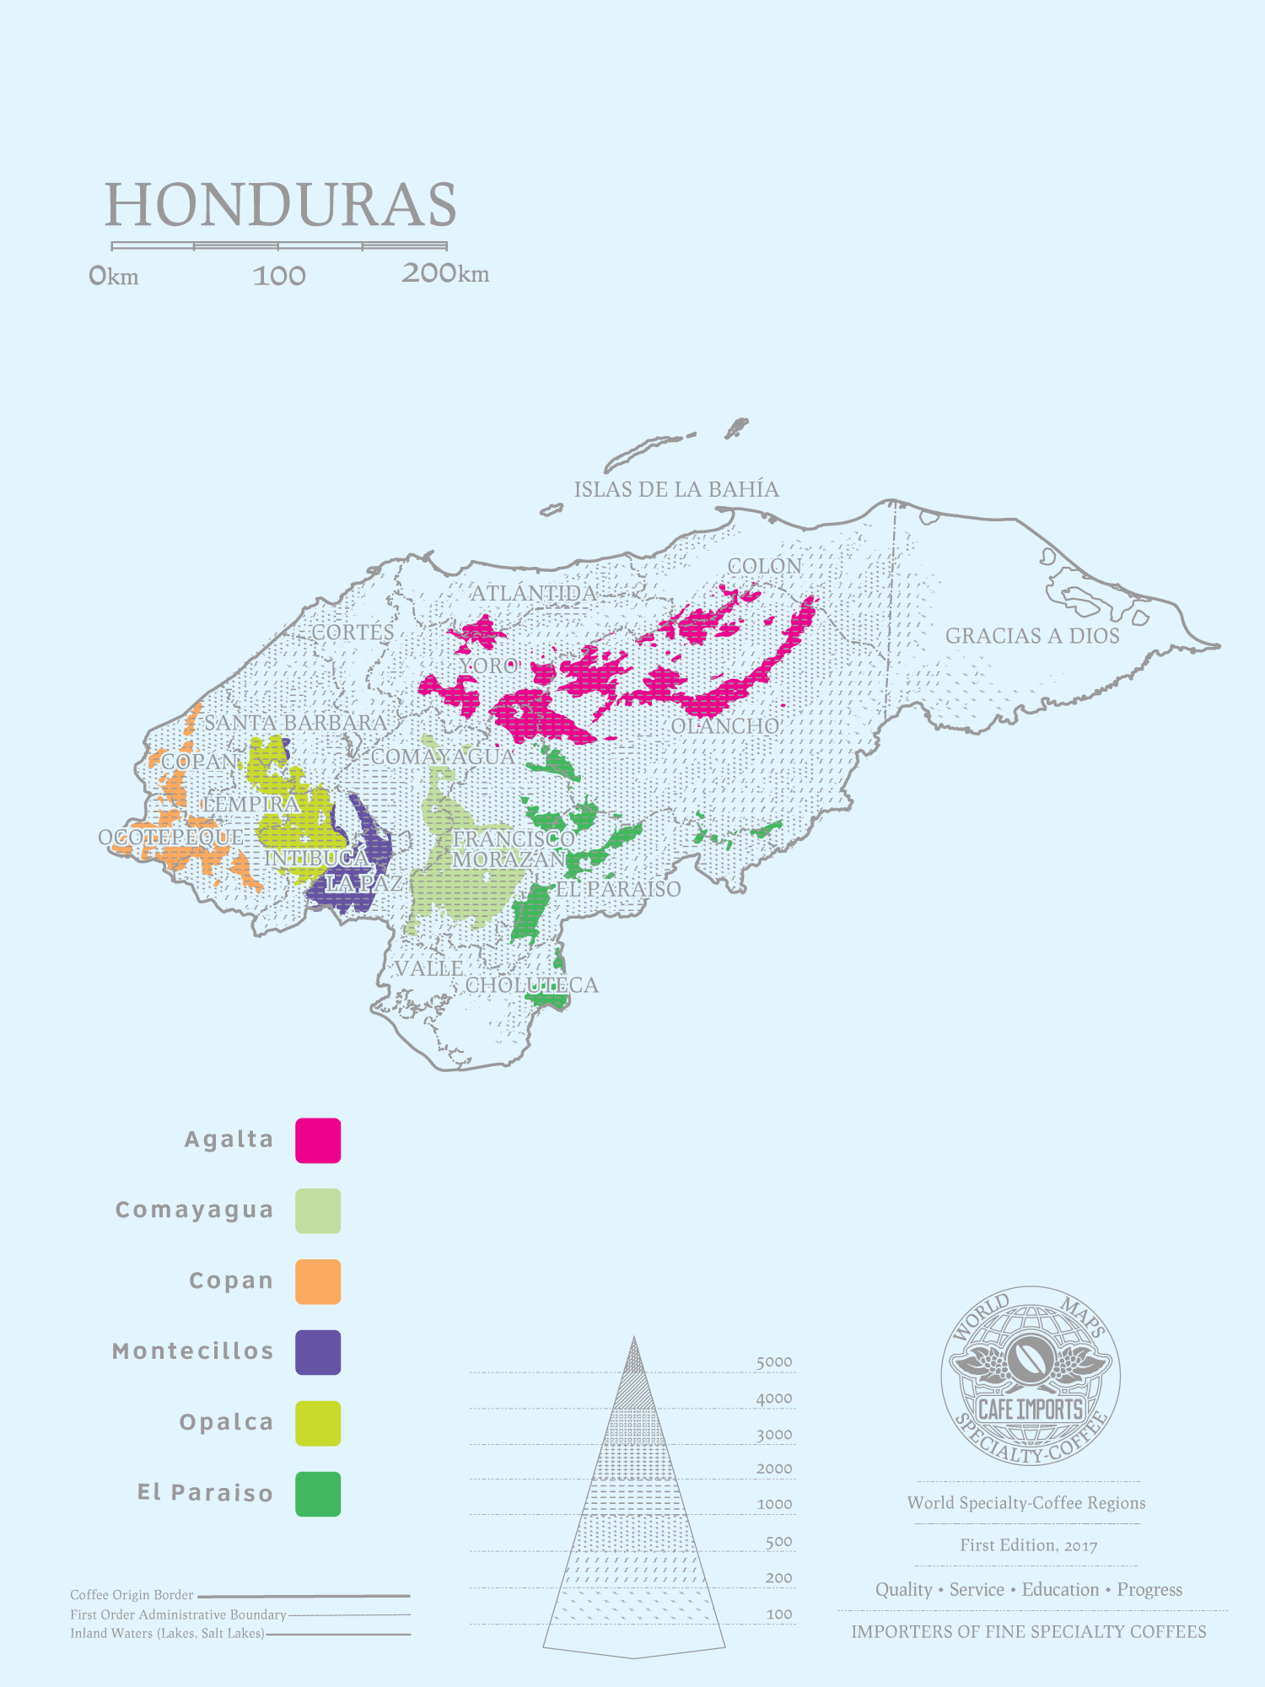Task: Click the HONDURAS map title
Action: [280, 205]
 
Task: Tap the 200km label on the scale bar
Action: [444, 273]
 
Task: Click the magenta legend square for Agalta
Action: [318, 1140]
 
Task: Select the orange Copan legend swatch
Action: [318, 1282]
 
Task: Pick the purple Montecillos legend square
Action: [318, 1353]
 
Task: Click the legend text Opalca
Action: [226, 1422]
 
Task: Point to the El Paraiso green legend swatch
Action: [318, 1495]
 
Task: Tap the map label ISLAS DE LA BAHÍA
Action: [676, 489]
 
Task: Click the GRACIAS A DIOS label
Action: [1032, 636]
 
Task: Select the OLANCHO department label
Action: [725, 726]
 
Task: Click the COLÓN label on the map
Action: [765, 566]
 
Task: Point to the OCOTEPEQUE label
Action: [171, 838]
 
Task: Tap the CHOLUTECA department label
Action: [532, 985]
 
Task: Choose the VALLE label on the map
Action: [429, 968]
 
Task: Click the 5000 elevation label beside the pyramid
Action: [773, 1362]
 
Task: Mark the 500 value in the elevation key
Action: [778, 1542]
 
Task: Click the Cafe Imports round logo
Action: [1030, 1377]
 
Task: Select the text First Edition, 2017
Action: [1028, 1545]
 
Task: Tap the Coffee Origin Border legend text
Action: [132, 1595]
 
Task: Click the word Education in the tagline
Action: [1060, 1590]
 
